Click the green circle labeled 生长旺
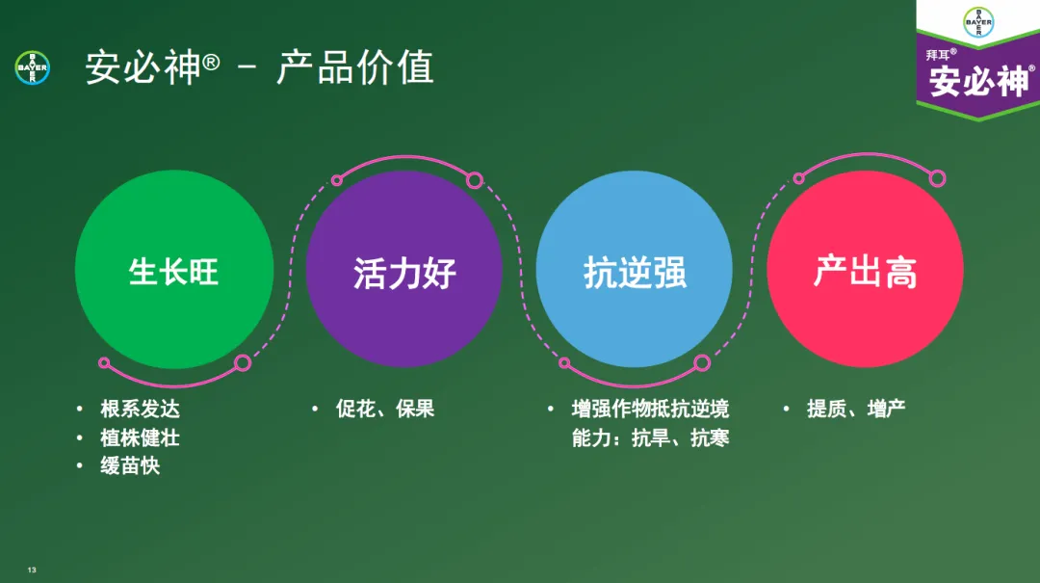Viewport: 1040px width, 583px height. coord(173,270)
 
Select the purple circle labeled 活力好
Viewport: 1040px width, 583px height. coord(403,270)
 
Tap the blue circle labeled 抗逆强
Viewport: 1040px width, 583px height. coord(634,270)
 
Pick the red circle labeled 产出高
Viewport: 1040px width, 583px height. coord(865,270)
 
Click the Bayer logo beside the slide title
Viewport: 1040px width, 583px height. coord(33,67)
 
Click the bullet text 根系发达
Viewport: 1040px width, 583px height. coord(140,409)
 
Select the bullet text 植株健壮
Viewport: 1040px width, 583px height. coord(140,437)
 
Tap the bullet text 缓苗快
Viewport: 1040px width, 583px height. coord(130,466)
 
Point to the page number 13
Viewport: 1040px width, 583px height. coord(32,570)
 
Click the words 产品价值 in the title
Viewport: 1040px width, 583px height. coord(355,67)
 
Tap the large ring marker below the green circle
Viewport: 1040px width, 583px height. coord(243,363)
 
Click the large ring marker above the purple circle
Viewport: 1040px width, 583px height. coord(474,180)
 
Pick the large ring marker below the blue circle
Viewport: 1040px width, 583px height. coord(702,363)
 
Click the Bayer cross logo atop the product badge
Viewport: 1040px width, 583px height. coord(977,21)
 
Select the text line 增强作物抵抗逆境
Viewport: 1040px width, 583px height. coord(650,409)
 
